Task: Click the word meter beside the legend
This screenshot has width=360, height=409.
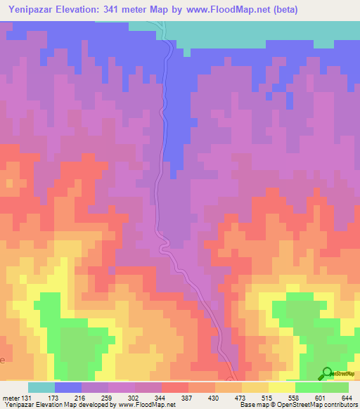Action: pyautogui.click(x=11, y=397)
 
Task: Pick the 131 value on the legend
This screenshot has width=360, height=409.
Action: pyautogui.click(x=27, y=397)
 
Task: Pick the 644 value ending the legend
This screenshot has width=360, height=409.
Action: pyautogui.click(x=347, y=397)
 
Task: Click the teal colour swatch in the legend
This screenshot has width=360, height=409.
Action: pyautogui.click(x=41, y=387)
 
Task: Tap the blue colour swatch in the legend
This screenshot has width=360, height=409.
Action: pyautogui.click(x=68, y=387)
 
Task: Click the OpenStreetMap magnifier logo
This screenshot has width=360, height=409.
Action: pyautogui.click(x=328, y=373)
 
